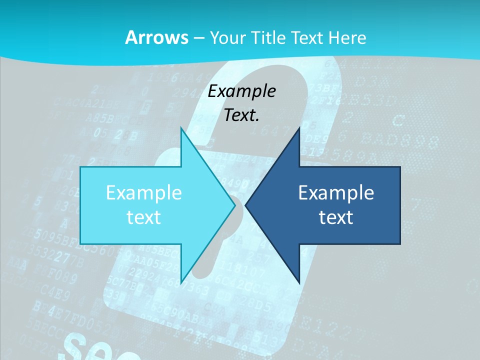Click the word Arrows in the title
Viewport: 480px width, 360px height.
[x=156, y=37]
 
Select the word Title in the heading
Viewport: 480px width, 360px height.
[x=270, y=37]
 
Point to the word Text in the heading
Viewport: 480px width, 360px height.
[x=308, y=37]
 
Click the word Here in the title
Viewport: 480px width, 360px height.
[x=348, y=37]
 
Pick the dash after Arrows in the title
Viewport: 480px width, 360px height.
[x=199, y=38]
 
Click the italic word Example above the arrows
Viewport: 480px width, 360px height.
[x=242, y=91]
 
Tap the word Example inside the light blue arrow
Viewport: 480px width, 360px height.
[x=144, y=192]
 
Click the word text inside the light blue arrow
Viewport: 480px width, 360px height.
[x=144, y=216]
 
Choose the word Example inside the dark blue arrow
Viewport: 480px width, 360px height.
[x=336, y=192]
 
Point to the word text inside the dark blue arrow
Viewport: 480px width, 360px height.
[x=336, y=216]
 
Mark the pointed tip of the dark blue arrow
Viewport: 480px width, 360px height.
[x=246, y=205]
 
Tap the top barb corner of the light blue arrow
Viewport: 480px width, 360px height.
[x=181, y=129]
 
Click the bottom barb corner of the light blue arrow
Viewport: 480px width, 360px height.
[x=181, y=281]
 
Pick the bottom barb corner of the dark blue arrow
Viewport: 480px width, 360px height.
[x=299, y=281]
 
